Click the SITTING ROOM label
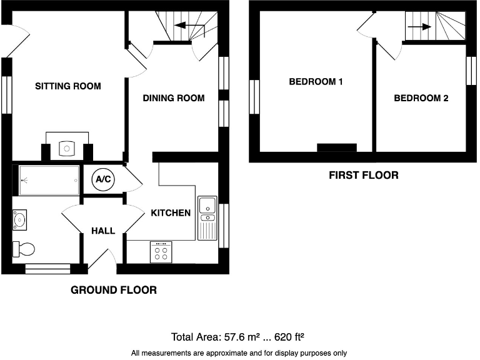(67, 86)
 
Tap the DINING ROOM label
(174, 97)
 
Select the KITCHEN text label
(171, 212)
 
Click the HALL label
(103, 231)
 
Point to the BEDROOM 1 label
(316, 81)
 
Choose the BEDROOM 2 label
(421, 98)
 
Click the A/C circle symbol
(102, 180)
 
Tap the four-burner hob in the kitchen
(160, 252)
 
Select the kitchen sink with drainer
(206, 217)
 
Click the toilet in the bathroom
(24, 248)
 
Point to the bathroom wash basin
(21, 219)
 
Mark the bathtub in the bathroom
(49, 180)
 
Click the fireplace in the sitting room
(67, 147)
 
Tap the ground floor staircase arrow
(190, 26)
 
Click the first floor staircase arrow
(419, 27)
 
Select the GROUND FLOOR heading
(113, 290)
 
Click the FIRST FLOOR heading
(363, 176)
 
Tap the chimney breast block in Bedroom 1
(336, 147)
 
